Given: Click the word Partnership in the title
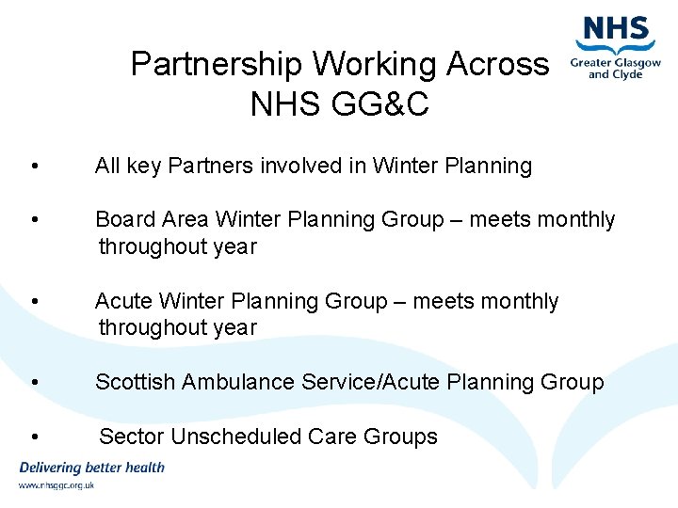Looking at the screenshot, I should (x=217, y=65).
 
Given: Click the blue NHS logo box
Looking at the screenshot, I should (x=617, y=29).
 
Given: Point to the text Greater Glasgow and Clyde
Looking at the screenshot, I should (x=616, y=69).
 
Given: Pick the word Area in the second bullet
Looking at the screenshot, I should (x=185, y=220).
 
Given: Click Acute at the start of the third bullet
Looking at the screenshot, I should (x=124, y=302).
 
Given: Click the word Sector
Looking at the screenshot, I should (x=129, y=437).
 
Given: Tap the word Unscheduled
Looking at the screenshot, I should (x=221, y=437).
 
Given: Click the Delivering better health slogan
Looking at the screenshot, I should (x=91, y=468).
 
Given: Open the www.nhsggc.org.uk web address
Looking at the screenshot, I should (x=56, y=485).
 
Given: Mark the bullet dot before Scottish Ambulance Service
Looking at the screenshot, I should (x=35, y=383).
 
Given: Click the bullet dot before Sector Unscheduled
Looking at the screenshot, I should (x=35, y=437).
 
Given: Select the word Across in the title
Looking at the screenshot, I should (x=497, y=65).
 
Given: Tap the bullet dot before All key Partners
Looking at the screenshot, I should (x=35, y=167).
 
